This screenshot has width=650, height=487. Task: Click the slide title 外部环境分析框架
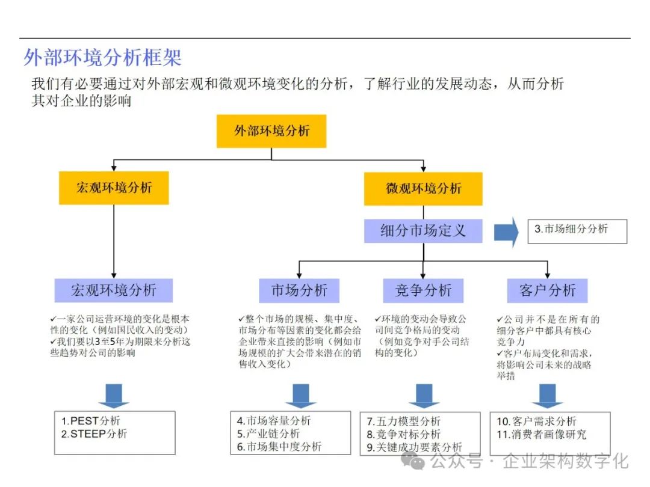(102, 58)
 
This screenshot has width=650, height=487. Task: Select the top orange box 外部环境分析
(271, 131)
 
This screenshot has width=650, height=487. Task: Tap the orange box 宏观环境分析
(114, 188)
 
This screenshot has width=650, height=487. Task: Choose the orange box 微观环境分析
(423, 188)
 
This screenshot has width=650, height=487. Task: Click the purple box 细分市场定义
(423, 231)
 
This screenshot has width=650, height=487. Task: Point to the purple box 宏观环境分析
(114, 290)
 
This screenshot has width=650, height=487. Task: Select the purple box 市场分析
(299, 290)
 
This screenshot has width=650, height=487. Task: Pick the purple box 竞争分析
(423, 290)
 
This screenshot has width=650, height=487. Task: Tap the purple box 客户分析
(547, 290)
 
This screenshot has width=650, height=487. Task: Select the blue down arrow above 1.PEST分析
(114, 396)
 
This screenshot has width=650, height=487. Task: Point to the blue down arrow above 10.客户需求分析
(547, 396)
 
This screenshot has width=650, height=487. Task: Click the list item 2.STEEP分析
(94, 434)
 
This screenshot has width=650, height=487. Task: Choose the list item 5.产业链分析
(268, 434)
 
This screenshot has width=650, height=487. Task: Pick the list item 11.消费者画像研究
(541, 434)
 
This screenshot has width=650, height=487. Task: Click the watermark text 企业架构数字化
(565, 462)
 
